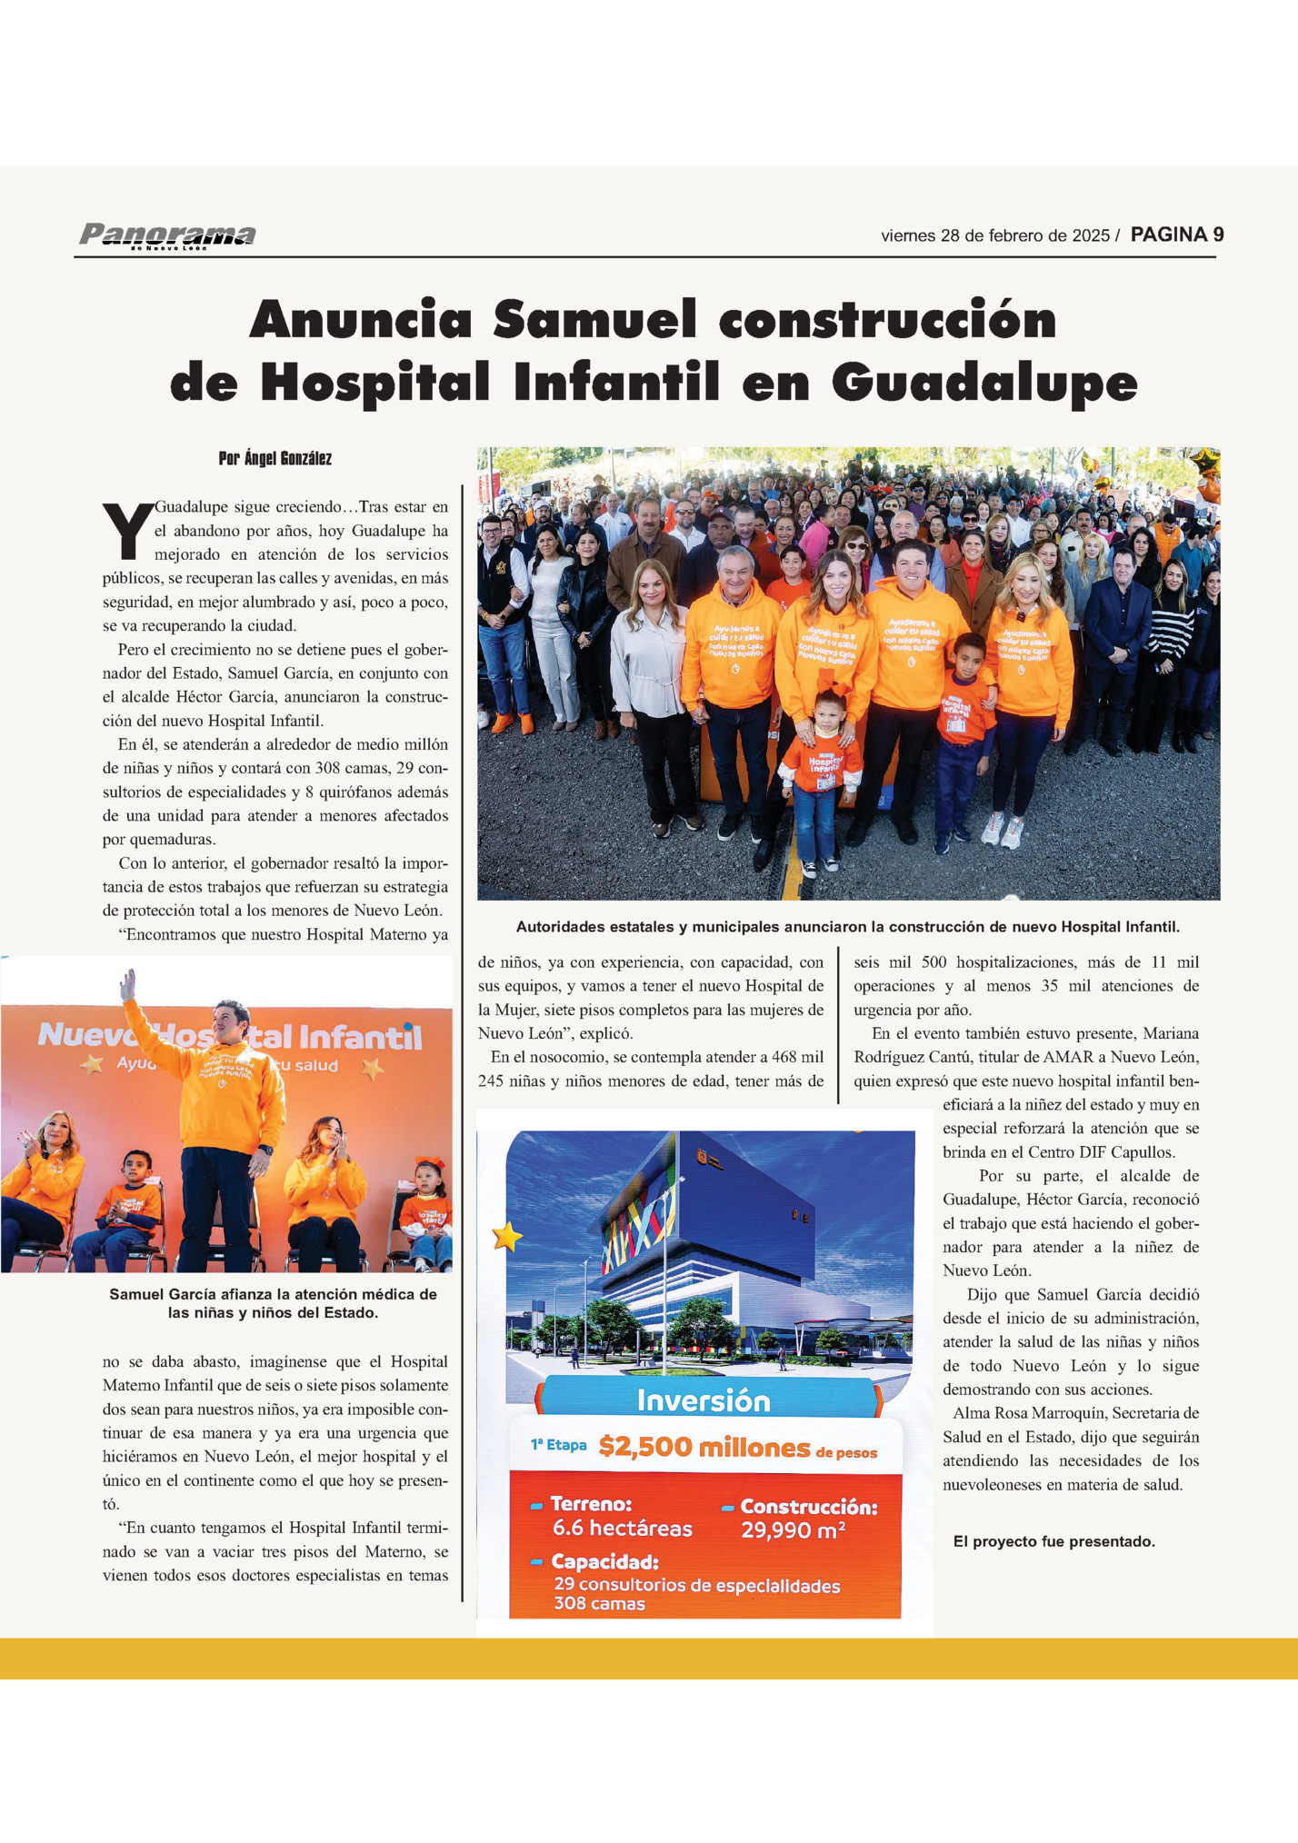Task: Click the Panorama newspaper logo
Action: (x=167, y=235)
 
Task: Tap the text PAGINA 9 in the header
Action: (x=1177, y=234)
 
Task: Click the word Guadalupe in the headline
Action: (x=984, y=383)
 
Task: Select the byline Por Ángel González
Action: (x=275, y=459)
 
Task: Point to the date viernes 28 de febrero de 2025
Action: (x=994, y=236)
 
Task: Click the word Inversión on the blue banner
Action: (x=704, y=1400)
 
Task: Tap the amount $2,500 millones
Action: (x=704, y=1447)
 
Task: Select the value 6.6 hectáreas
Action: (x=623, y=1529)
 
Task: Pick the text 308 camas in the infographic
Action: (x=600, y=1604)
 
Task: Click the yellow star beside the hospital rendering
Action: (x=507, y=1237)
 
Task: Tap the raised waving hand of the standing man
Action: (x=128, y=984)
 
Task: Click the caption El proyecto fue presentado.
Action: (x=1054, y=1541)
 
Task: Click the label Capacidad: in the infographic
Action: (x=604, y=1562)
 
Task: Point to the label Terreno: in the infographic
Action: (x=591, y=1504)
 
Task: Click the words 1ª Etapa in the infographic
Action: (x=559, y=1445)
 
